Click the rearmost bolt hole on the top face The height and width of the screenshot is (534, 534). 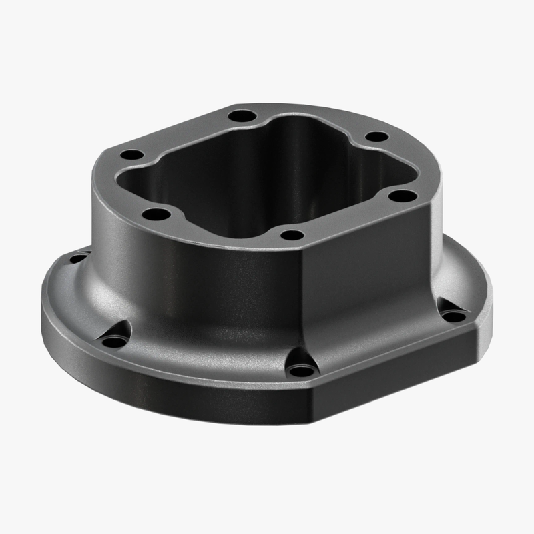242,116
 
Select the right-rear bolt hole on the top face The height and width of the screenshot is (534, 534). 377,137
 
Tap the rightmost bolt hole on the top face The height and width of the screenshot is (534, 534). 403,196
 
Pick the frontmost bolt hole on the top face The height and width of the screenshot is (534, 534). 291,235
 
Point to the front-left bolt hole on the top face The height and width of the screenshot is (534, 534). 156,215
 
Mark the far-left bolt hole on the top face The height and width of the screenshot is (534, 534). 132,155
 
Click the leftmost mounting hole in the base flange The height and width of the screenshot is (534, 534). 78,258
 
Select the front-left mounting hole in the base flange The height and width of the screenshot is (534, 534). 115,341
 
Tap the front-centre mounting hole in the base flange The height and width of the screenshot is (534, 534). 302,368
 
